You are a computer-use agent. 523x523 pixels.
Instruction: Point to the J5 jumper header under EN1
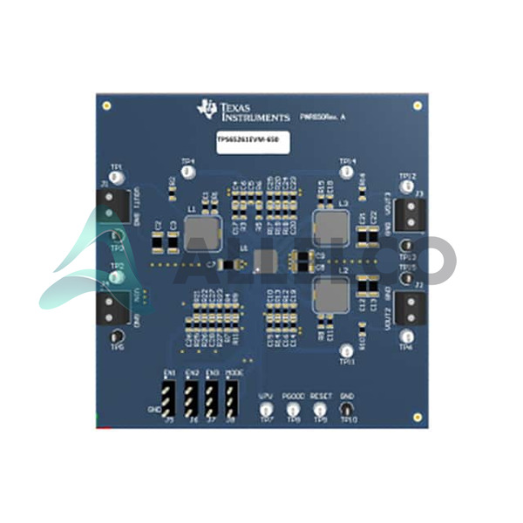(170, 397)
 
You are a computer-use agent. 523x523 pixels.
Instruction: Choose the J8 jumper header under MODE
(233, 397)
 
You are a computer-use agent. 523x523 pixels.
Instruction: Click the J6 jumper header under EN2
(191, 397)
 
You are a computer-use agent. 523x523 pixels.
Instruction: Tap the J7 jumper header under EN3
(212, 397)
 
